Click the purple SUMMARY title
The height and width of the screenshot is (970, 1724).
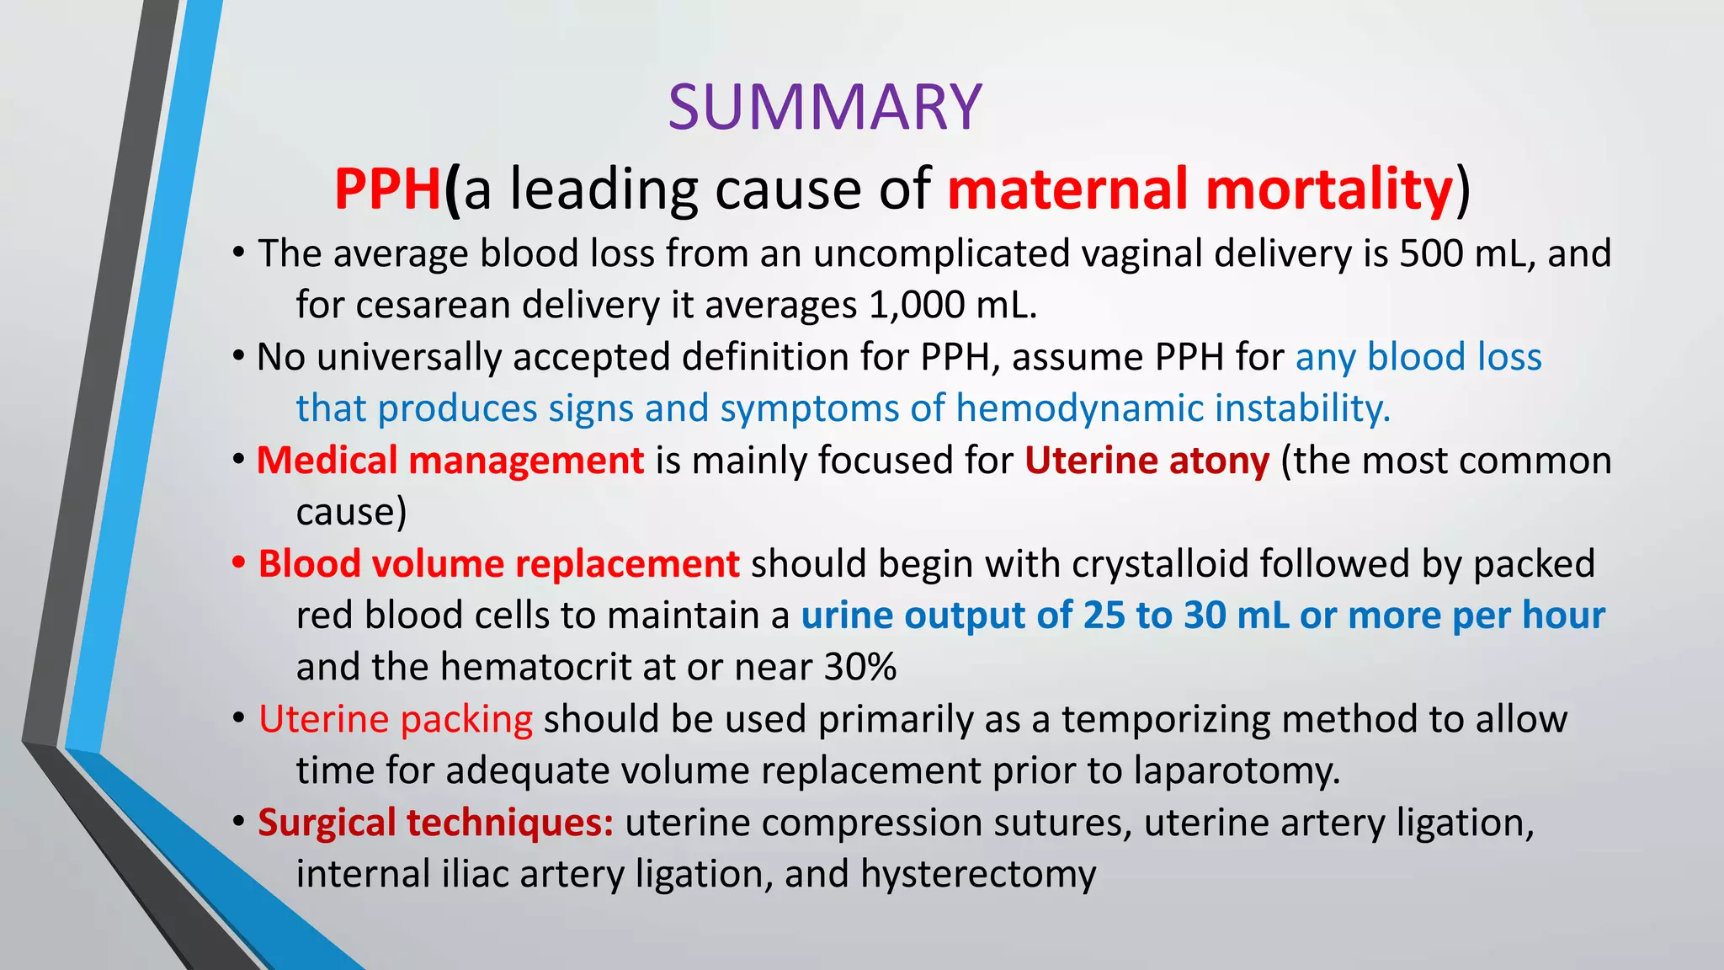825,108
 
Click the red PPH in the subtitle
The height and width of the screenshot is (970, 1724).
388,189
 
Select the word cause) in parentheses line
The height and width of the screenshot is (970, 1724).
351,512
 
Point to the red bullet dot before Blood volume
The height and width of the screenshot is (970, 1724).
239,562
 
